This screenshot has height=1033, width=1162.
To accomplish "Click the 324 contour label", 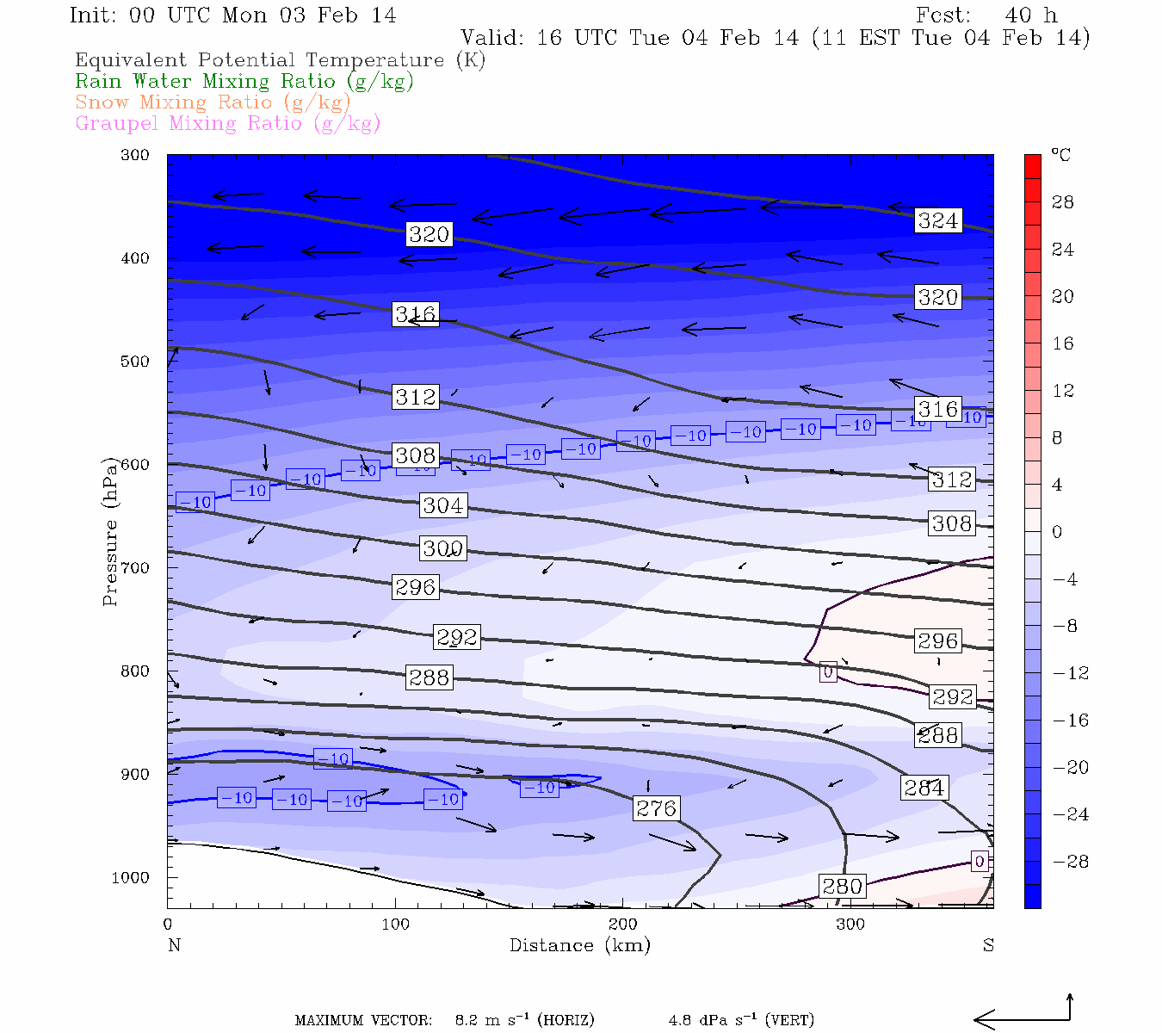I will [937, 220].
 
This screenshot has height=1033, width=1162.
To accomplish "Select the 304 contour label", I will [442, 505].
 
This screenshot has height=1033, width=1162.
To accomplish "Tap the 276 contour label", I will [657, 807].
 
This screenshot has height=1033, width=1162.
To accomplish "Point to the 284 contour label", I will [924, 787].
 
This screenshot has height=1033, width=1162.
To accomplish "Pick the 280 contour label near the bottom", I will [842, 886].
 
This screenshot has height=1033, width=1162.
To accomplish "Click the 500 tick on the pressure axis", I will [135, 362].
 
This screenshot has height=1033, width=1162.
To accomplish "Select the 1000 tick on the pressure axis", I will [130, 877].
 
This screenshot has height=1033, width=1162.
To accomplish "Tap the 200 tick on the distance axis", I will [623, 925].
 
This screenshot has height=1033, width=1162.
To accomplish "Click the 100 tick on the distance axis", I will [396, 925].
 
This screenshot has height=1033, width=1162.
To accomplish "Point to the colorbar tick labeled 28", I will [1063, 202].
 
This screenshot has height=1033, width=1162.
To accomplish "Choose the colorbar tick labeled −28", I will [1070, 862].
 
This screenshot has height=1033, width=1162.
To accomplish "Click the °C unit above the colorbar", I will [1060, 155].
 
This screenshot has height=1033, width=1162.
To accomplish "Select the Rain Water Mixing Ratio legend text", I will [244, 82].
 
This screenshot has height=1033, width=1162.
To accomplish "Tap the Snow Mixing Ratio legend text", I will [213, 102].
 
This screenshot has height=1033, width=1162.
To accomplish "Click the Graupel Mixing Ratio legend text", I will [227, 123].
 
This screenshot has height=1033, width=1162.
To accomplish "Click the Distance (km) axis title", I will [579, 945].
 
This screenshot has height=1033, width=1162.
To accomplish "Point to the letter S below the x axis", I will [988, 945].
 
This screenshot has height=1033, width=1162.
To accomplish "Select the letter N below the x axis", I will [174, 945].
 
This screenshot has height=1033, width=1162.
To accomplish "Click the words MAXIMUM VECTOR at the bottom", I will [363, 1020].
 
